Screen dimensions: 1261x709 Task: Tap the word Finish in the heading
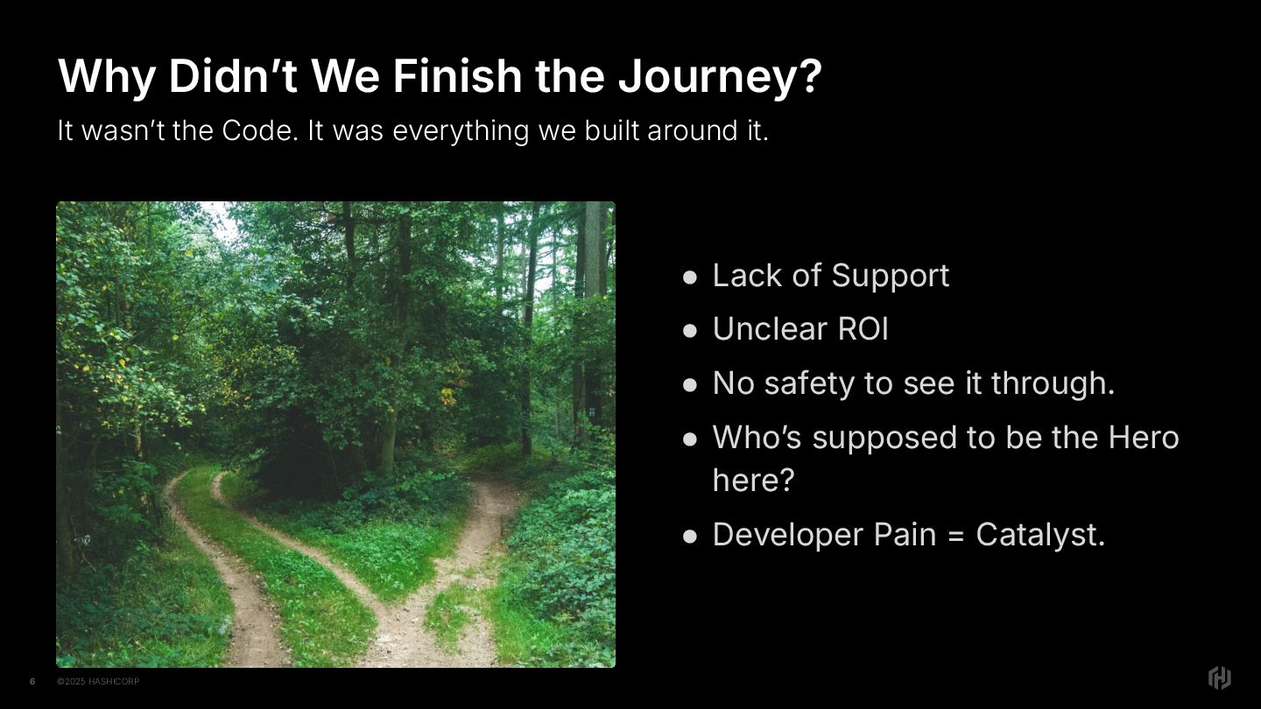click(x=457, y=75)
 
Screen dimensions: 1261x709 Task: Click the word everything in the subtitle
click(x=461, y=131)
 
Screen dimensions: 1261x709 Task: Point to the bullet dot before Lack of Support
click(x=690, y=277)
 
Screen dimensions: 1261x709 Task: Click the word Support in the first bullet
click(x=890, y=277)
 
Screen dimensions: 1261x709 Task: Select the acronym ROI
click(x=863, y=328)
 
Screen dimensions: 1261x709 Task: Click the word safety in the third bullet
click(x=809, y=383)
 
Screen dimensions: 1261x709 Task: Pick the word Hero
click(x=1144, y=438)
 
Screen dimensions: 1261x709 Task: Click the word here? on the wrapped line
click(x=753, y=480)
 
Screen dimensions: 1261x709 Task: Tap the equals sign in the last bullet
click(x=955, y=536)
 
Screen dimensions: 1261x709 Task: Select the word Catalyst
click(x=1040, y=535)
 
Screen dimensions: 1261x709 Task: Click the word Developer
click(x=787, y=535)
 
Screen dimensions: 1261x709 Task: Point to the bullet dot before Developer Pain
click(x=690, y=537)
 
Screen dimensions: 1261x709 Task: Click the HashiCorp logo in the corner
click(x=1219, y=677)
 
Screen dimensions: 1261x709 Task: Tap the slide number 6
click(x=32, y=681)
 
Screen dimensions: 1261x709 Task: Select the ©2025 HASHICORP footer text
click(x=98, y=681)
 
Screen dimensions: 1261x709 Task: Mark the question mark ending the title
click(x=810, y=75)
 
